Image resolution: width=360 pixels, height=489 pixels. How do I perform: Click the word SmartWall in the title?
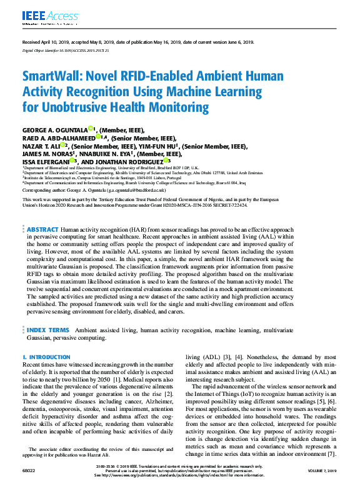[51, 77]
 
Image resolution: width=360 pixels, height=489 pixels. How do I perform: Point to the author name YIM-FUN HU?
[157, 147]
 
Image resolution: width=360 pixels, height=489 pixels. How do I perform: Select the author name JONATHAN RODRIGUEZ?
[129, 162]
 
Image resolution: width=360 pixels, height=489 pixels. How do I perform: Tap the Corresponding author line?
[94, 189]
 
